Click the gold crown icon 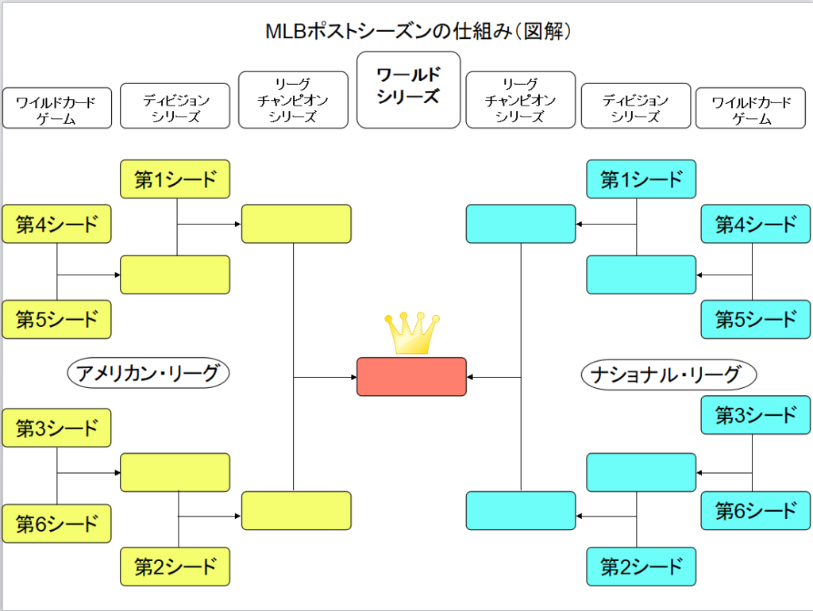(412, 333)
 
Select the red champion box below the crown (412, 377)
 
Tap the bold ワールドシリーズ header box (409, 90)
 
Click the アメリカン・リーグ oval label (148, 373)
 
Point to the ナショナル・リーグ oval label (669, 375)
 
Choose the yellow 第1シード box (175, 179)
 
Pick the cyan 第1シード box (642, 179)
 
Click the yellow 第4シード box (56, 224)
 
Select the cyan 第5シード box (756, 319)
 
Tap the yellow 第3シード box (56, 428)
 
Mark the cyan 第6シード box (756, 511)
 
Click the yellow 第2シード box (175, 567)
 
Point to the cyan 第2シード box (642, 567)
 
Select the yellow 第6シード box (56, 524)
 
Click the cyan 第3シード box (756, 415)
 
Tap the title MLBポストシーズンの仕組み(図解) (418, 31)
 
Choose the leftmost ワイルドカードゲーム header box (57, 108)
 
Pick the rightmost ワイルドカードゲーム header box (750, 108)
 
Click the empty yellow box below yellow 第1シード (175, 275)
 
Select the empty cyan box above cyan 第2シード (642, 473)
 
